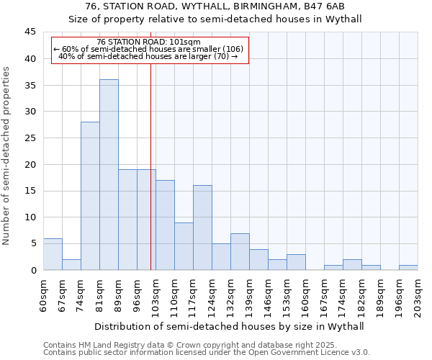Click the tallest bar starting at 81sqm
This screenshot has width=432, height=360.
[109, 175]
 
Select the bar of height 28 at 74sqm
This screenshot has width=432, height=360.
[90, 196]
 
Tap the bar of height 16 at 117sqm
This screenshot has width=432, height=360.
[202, 228]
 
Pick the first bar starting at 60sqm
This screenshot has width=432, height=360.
[53, 254]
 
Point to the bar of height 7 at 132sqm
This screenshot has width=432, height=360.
[240, 251]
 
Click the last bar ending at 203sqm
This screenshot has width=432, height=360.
[408, 267]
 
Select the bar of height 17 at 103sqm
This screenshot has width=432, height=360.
[165, 225]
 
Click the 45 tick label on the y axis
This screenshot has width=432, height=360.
[30, 32]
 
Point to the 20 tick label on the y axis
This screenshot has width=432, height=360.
[30, 164]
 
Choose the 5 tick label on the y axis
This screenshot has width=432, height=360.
[32, 243]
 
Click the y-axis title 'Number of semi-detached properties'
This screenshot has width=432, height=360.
[7, 156]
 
